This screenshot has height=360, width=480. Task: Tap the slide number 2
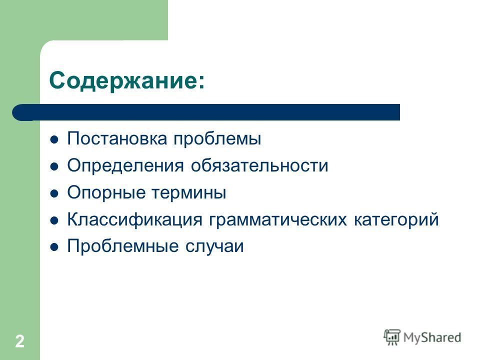point(19,341)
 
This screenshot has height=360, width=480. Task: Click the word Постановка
point(117,138)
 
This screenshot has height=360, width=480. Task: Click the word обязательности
point(259,165)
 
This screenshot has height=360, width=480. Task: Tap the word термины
point(189,192)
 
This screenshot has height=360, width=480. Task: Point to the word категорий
point(396,219)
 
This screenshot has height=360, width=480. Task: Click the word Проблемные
point(123,246)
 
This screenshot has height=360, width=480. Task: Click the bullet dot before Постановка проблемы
point(54,140)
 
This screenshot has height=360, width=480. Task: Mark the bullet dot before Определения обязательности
point(54,167)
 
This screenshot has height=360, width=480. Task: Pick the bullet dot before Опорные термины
point(54,194)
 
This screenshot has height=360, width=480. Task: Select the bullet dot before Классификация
point(54,220)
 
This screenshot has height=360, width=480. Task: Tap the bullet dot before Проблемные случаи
point(54,247)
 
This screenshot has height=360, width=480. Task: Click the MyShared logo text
point(432,338)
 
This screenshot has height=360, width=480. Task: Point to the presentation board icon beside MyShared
point(392,337)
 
